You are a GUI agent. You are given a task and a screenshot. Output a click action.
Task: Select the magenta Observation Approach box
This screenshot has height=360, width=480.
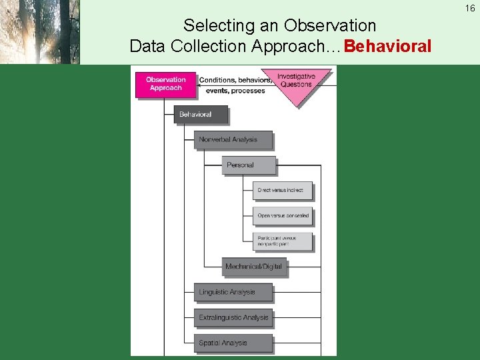pyautogui.click(x=165, y=84)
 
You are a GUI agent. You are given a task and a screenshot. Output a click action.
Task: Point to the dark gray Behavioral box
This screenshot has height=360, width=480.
pyautogui.click(x=200, y=115)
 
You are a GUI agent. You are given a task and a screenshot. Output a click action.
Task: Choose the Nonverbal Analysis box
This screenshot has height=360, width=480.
pyautogui.click(x=233, y=140)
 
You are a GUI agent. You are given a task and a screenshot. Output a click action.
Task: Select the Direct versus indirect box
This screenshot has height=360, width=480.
pyautogui.click(x=283, y=191)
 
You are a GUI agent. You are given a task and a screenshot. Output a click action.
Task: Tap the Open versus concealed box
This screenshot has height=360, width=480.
pyautogui.click(x=283, y=216)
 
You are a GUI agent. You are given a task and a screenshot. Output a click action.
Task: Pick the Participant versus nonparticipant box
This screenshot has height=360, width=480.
pyautogui.click(x=283, y=241)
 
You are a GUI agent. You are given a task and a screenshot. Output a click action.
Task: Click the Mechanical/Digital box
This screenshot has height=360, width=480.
pyautogui.click(x=253, y=267)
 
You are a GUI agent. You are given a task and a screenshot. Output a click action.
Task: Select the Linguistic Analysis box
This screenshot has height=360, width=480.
pyautogui.click(x=233, y=292)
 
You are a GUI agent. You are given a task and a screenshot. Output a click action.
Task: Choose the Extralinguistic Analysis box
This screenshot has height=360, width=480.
pyautogui.click(x=233, y=317)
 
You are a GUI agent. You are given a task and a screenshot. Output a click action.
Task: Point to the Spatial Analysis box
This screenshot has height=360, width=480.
pyautogui.click(x=233, y=343)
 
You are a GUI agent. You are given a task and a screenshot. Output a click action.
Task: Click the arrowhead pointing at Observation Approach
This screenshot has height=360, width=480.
pyautogui.click(x=201, y=80)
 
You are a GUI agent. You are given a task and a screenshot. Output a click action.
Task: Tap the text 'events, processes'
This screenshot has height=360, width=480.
pyautogui.click(x=235, y=91)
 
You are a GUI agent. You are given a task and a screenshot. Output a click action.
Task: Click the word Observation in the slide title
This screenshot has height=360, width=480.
pyautogui.click(x=329, y=26)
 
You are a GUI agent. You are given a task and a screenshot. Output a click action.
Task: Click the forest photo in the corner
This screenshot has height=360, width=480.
pyautogui.click(x=39, y=32)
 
